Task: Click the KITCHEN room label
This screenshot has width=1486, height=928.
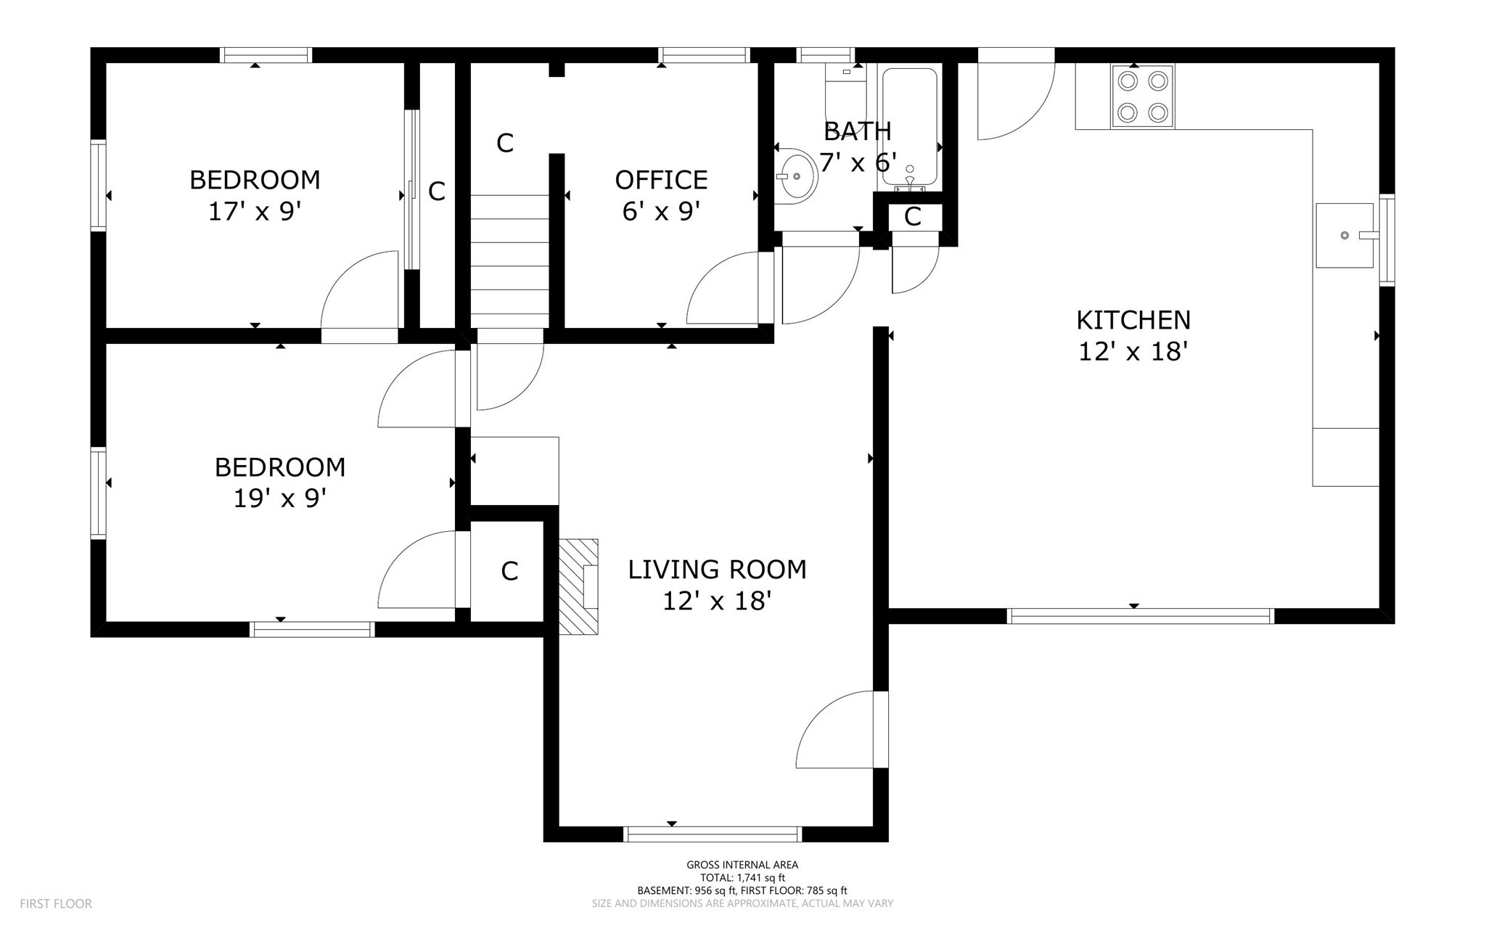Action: tap(1133, 320)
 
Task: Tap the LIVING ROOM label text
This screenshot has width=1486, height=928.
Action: tap(717, 570)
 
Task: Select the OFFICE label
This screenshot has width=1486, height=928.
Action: tap(661, 180)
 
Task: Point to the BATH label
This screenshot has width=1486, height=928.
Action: tap(858, 131)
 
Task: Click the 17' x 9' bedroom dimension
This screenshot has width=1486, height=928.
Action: tap(255, 212)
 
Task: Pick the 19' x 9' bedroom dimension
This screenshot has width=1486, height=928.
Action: tap(279, 498)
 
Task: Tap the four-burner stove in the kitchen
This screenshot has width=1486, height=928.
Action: tap(1142, 97)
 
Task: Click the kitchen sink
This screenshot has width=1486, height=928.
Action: tap(1345, 235)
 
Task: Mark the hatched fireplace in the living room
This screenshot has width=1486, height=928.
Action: tap(578, 587)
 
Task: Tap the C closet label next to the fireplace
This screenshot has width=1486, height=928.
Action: tap(509, 572)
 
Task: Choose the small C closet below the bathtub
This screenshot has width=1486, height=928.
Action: tap(912, 216)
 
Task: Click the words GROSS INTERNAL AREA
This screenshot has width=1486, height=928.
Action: tap(742, 865)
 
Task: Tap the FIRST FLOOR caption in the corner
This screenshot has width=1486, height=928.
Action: tap(56, 904)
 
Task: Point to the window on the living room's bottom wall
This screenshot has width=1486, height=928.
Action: tap(713, 834)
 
